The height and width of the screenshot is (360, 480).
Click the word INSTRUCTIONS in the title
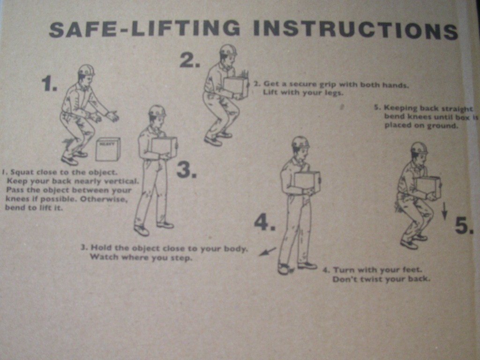pos(356,30)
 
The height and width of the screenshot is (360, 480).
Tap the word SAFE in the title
pos(82,29)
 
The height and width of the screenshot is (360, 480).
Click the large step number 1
pos(49,84)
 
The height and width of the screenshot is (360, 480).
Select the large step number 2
pos(190,60)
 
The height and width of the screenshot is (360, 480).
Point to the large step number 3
pos(187,170)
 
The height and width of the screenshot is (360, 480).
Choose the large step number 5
pos(464,225)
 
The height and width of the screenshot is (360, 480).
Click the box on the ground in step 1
pos(108,149)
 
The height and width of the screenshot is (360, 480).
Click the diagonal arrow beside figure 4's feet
pos(268,251)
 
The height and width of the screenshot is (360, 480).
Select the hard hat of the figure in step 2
pos(228,50)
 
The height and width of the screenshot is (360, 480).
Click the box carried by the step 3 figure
pos(165,147)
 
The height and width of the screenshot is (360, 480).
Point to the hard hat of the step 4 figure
pos(300,142)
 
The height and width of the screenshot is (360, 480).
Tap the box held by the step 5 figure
pos(428,187)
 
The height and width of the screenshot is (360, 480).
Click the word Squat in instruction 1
pos(22,172)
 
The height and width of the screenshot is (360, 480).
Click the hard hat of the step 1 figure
pos(86,70)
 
